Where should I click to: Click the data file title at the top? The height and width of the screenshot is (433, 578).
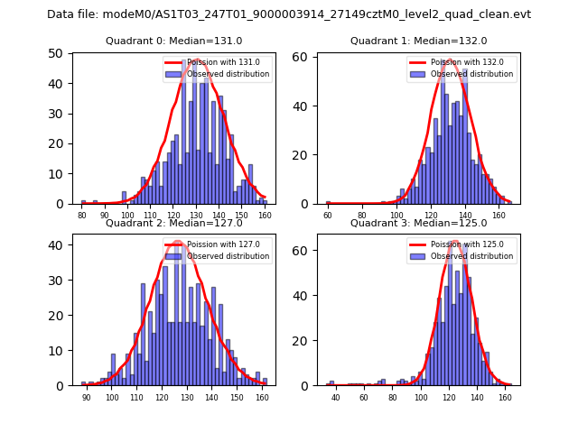289,14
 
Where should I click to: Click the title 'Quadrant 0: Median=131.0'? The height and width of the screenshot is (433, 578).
174,41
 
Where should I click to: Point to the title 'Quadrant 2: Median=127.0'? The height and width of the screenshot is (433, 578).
174,224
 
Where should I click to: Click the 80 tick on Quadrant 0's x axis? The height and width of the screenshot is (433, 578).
81,216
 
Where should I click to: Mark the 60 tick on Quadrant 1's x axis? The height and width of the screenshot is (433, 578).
328,216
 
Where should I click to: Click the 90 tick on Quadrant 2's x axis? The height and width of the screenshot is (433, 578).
87,397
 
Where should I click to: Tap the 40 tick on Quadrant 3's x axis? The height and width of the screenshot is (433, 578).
336,397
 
